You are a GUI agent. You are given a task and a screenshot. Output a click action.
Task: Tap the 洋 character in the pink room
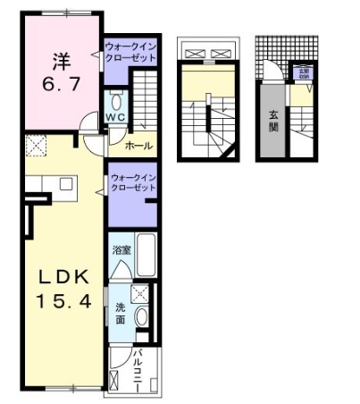coord(60,60)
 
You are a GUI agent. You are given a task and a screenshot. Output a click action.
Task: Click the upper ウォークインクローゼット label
coord(130,50)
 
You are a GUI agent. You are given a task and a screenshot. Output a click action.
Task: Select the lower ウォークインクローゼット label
coord(133,183)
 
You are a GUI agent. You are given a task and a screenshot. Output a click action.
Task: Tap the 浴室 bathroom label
coord(122,250)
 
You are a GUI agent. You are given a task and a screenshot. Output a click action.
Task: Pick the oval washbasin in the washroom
coord(141,318)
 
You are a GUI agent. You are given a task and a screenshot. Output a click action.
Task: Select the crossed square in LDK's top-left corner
coord(36,145)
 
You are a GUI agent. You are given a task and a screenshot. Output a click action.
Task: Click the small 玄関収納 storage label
coord(303,72)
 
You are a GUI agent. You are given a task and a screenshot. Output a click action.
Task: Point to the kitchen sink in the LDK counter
coord(65,184)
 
